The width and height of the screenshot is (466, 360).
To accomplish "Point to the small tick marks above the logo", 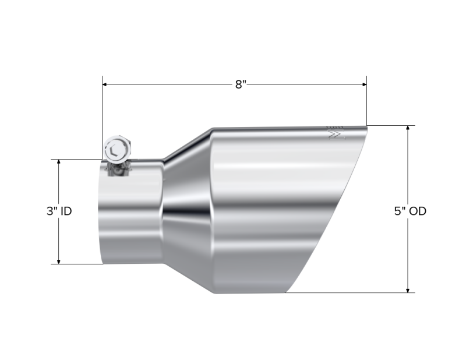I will coord(334,126).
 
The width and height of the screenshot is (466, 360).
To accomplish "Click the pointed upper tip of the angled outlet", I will coord(367,126).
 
